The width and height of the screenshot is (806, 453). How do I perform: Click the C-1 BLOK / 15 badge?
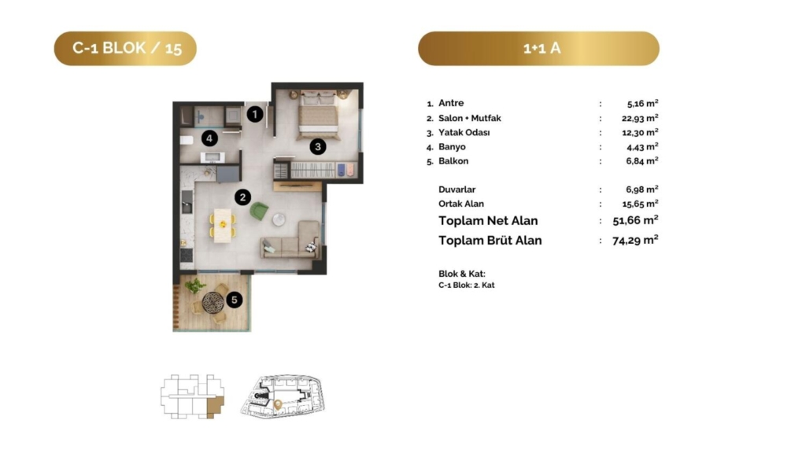point(125,48)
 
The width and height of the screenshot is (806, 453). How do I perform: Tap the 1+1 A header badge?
point(538,48)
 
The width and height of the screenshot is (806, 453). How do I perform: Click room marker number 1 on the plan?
point(255,114)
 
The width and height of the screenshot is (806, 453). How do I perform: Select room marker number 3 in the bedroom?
point(318,147)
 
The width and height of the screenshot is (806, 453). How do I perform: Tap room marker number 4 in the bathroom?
point(209,138)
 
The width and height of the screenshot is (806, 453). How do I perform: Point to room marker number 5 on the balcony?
point(235,300)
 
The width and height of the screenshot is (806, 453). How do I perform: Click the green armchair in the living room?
point(259,211)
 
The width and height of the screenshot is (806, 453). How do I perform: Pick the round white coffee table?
point(279,219)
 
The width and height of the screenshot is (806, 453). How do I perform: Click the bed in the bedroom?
point(318,115)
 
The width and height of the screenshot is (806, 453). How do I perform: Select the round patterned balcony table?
point(213,303)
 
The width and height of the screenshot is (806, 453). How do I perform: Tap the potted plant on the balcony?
point(195,285)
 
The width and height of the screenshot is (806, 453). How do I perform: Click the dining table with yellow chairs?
point(223,225)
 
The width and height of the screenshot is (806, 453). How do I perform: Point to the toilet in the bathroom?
point(186,139)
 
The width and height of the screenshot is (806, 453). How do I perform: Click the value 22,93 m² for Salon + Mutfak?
point(640,118)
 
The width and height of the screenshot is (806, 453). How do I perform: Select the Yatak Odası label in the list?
point(464,132)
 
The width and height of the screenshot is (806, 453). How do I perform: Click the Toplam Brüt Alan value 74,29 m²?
point(635,240)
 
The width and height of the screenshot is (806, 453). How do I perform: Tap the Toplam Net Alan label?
point(488,221)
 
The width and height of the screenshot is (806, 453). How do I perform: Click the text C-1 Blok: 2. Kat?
point(466,285)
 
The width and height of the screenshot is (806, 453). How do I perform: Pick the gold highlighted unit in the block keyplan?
point(216,406)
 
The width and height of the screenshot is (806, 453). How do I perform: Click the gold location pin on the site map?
point(278,405)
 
